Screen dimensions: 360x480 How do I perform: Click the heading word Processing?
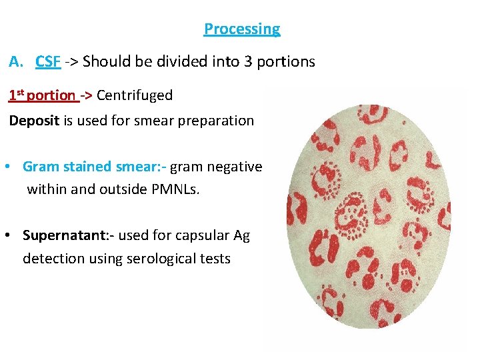(242, 29)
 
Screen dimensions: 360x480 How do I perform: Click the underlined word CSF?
(49, 62)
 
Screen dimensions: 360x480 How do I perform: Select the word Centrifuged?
(135, 95)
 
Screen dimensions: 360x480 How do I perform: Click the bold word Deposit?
(33, 121)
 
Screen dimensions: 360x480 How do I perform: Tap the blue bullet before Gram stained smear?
(7, 167)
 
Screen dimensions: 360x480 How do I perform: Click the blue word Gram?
(39, 167)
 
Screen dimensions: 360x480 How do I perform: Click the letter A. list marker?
(17, 62)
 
